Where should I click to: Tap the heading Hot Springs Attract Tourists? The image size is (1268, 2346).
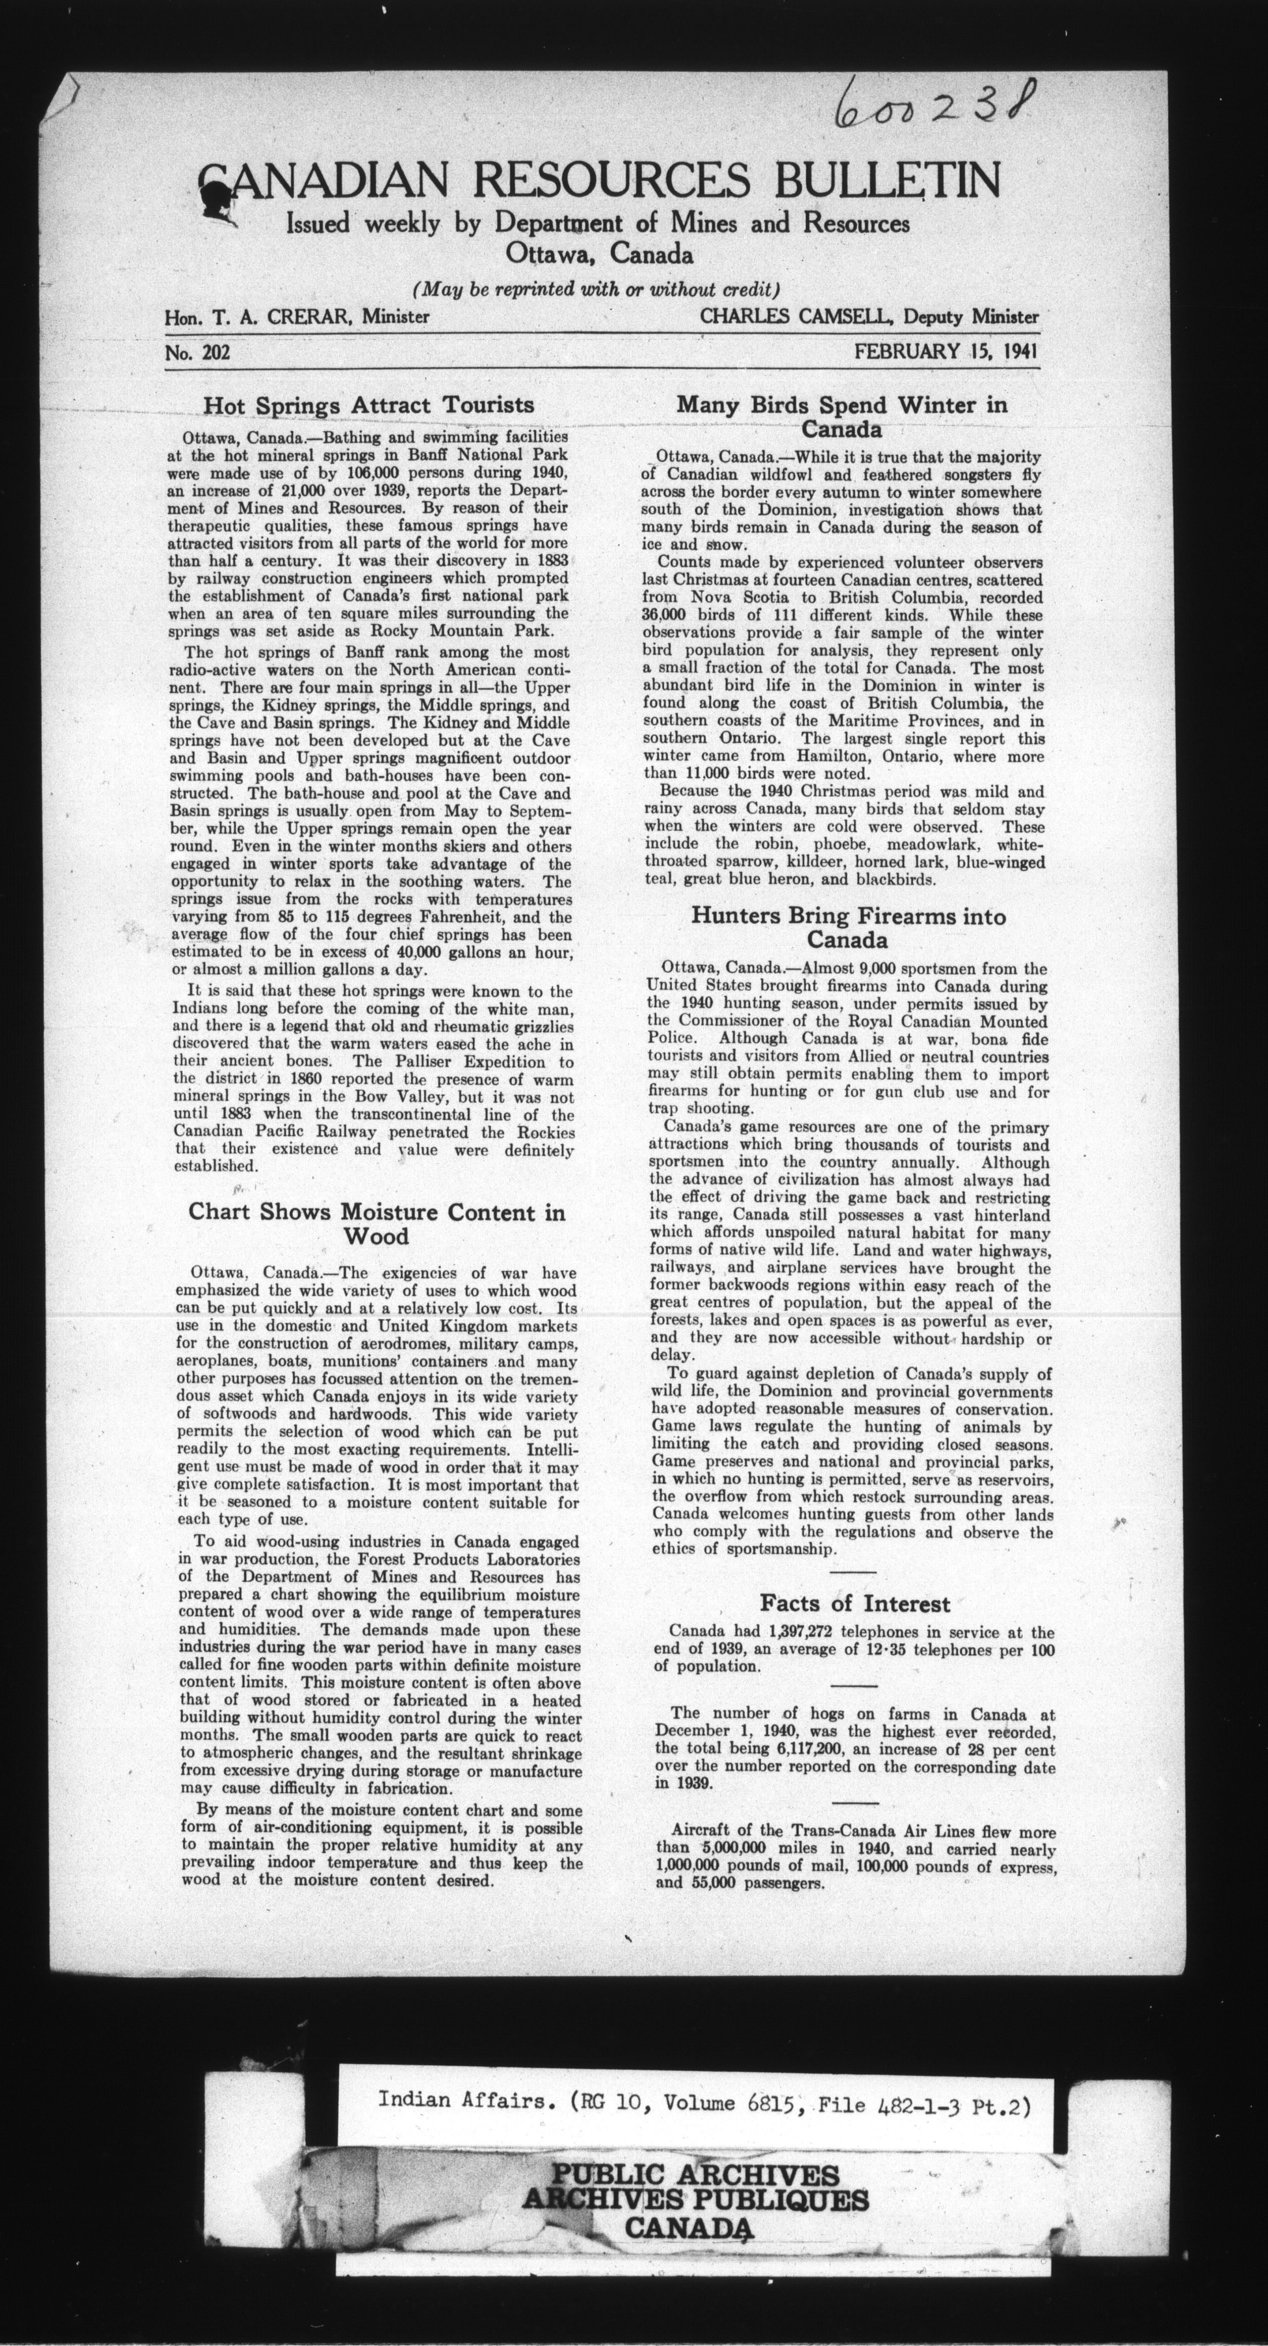pos(368,404)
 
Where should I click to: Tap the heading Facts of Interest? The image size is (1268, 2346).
pos(855,1604)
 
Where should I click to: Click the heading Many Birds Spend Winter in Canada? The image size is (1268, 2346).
pos(841,416)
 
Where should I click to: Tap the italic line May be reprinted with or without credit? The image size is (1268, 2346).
pos(598,290)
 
